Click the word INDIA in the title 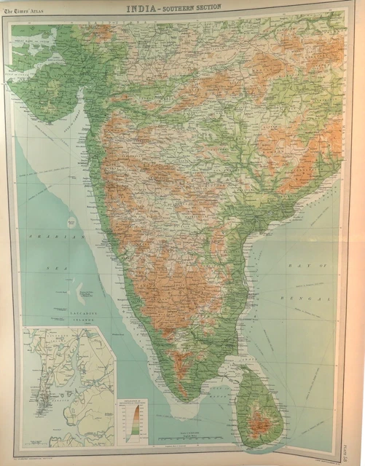(145, 9)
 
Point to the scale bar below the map (186, 439)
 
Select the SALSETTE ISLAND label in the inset (51, 371)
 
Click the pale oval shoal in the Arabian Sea (73, 219)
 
